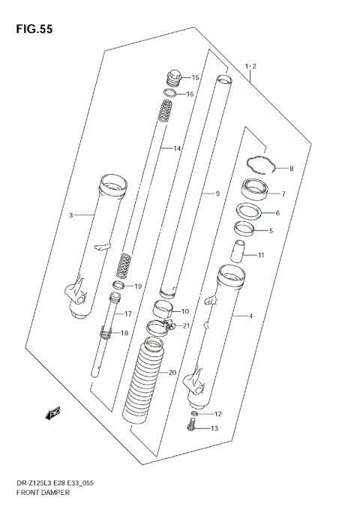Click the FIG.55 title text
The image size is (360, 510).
[x=32, y=29]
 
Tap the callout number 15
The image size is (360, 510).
[x=195, y=78]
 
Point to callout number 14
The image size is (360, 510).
[x=177, y=149]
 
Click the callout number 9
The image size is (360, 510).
[x=217, y=194]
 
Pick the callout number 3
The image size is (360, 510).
[x=70, y=216]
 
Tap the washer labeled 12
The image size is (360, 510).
[x=195, y=414]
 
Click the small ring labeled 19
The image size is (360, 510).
[x=118, y=286]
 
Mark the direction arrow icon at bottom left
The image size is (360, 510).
[x=53, y=412]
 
